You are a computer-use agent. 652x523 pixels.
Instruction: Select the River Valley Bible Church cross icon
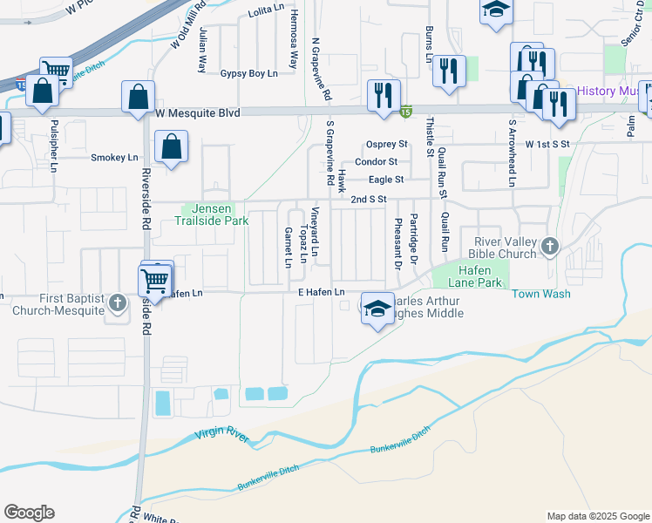coord(549,247)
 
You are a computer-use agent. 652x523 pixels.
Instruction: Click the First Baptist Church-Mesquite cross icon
coord(118,303)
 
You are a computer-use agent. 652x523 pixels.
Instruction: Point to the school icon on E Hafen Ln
coord(377,309)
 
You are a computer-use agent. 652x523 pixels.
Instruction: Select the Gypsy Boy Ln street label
coord(248,73)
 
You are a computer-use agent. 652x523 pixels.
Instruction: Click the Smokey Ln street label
coord(114,158)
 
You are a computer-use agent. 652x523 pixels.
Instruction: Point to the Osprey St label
coord(387,144)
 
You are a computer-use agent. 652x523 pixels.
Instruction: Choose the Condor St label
coord(382,161)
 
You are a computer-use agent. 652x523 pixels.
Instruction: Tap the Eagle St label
coord(386,180)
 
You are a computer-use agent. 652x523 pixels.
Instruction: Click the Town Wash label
coord(540,294)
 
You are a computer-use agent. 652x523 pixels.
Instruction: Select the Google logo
coord(29,513)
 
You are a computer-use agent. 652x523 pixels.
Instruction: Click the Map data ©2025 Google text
coord(597,516)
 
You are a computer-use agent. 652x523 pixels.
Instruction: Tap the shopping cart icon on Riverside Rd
coord(154,281)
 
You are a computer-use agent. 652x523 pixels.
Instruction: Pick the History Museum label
coord(609,91)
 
